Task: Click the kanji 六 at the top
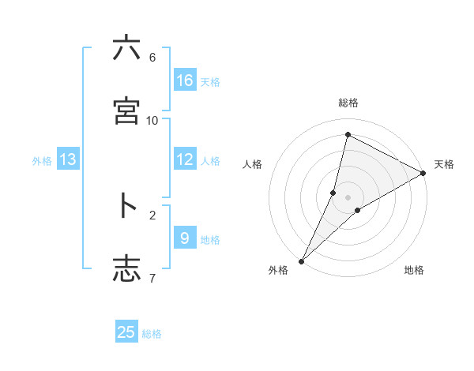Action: [126, 49]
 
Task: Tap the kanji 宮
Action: [126, 112]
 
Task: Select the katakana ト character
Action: [126, 206]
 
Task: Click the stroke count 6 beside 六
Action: [152, 58]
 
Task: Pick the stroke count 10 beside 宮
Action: [152, 120]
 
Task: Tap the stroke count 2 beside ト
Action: [152, 214]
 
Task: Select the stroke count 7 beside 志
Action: [152, 277]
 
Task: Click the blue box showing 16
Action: [185, 81]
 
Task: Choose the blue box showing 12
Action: [185, 159]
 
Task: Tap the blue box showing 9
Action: [185, 238]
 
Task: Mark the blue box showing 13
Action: [68, 159]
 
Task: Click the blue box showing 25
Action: [126, 332]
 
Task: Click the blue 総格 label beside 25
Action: [152, 334]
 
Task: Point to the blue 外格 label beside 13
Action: [42, 161]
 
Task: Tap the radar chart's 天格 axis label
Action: [444, 164]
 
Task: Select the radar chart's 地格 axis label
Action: [414, 271]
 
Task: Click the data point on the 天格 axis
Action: [423, 173]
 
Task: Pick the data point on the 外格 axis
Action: [302, 260]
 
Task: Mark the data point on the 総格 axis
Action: [348, 135]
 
